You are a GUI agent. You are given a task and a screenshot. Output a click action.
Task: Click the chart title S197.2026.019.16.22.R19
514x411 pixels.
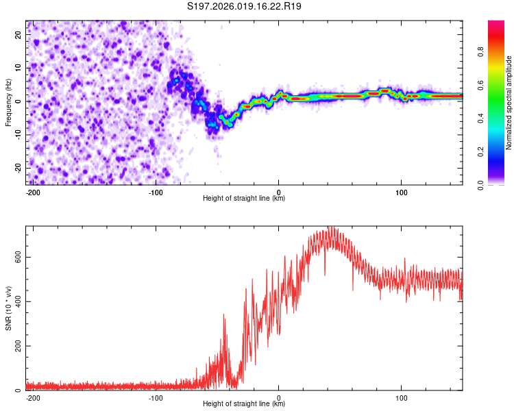tap(245, 7)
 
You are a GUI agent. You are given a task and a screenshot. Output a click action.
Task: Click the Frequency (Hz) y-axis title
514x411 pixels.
tap(8, 103)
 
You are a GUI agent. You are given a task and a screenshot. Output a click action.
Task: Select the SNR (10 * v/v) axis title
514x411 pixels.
tap(8, 308)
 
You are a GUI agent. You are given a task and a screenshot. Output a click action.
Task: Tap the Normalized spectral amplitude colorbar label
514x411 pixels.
tap(509, 103)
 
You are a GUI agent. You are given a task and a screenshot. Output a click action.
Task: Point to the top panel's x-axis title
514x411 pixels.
tap(244, 198)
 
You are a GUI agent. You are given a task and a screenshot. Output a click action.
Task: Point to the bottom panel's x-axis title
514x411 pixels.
tap(244, 403)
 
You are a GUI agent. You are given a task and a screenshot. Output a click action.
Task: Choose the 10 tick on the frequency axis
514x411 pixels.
tap(19, 68)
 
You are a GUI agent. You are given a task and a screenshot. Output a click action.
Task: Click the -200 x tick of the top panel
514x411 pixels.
tap(32, 190)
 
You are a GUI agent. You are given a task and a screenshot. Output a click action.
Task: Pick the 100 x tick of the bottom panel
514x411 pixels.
tap(402, 397)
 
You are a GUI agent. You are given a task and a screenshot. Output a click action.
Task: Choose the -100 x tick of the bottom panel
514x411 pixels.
tap(156, 397)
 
